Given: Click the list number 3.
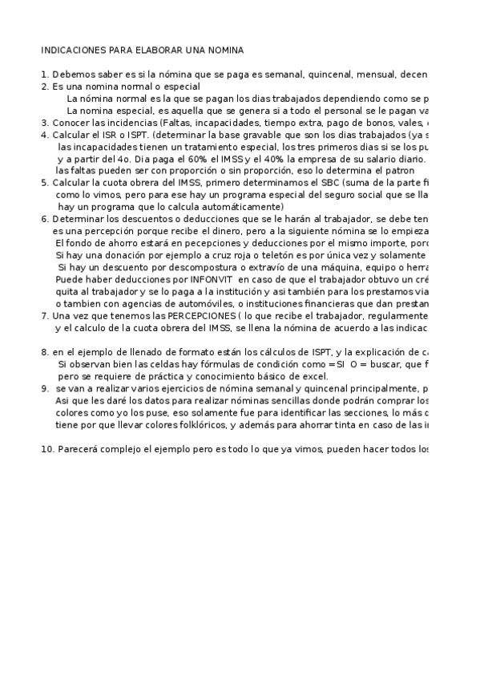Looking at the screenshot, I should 44,123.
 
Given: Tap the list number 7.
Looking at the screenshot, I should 44,316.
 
